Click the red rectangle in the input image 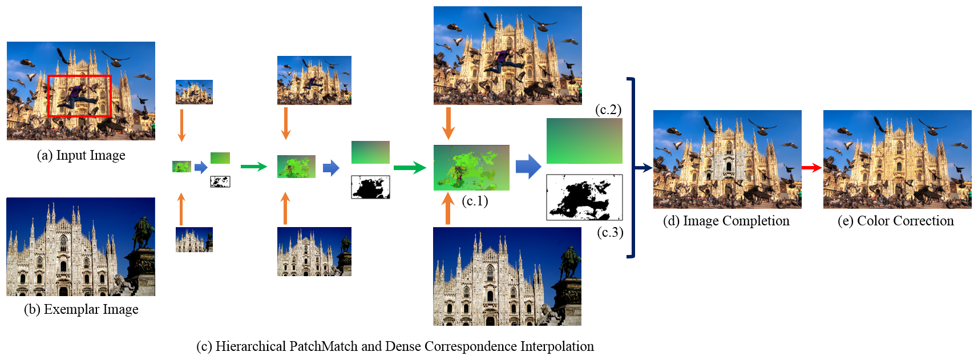[x=79, y=76]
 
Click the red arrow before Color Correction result [x=811, y=168]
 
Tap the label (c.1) [x=475, y=201]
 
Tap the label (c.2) [x=608, y=110]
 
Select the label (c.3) [x=610, y=232]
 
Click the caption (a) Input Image [x=81, y=155]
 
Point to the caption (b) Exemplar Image [x=81, y=309]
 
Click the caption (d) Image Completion [x=726, y=221]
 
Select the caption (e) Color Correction [x=895, y=221]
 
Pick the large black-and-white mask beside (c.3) [x=584, y=197]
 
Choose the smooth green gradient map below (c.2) [x=584, y=141]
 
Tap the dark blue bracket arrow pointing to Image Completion [x=643, y=168]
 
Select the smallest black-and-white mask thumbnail [x=220, y=182]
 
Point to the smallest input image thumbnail [x=194, y=92]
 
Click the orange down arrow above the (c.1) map [x=448, y=123]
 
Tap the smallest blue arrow [x=201, y=167]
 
